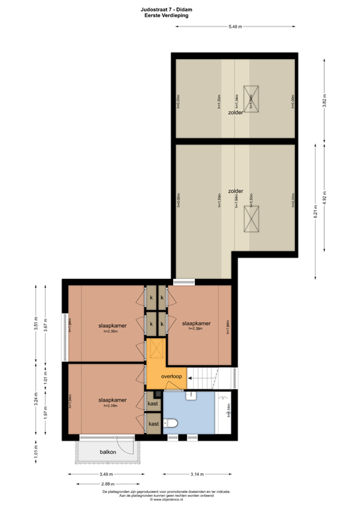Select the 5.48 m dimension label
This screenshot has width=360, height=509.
click(235, 27)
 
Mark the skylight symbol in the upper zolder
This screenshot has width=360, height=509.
click(251, 97)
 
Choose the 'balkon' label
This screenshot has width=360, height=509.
click(107, 452)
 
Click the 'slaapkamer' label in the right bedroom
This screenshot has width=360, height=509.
click(196, 323)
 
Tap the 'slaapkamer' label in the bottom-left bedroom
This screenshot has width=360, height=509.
click(112, 400)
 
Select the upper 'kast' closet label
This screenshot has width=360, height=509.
click(152, 403)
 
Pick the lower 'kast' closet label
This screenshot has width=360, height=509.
click(153, 424)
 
